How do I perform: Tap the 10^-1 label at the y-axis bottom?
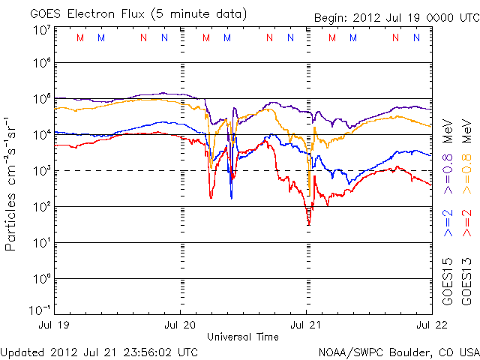tap(39, 311)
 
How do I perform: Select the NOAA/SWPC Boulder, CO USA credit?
tap(398, 351)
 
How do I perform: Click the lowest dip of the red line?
tap(308, 223)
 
